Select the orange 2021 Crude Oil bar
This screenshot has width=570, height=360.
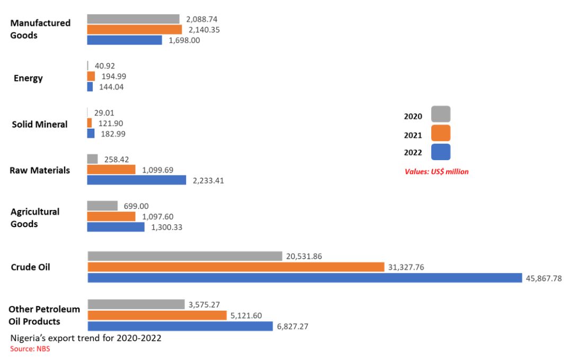[236, 267]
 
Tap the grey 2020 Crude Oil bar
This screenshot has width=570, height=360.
[184, 257]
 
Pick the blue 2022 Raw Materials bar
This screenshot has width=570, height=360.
[137, 180]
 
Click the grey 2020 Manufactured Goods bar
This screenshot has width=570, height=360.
[133, 19]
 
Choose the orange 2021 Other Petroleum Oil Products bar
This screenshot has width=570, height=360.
[157, 315]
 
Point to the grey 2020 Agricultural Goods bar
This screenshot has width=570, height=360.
[102, 206]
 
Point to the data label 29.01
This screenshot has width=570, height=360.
[103, 113]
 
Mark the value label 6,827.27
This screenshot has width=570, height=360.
[292, 327]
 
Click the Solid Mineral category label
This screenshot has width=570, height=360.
[40, 125]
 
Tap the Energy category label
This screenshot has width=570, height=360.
[29, 78]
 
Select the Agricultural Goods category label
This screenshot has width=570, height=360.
[35, 218]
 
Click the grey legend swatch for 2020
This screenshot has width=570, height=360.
[441, 115]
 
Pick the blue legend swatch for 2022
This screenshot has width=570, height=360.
[441, 152]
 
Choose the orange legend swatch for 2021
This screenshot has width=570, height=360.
[441, 134]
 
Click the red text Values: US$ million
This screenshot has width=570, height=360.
[437, 172]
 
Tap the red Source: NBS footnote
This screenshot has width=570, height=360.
[30, 349]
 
